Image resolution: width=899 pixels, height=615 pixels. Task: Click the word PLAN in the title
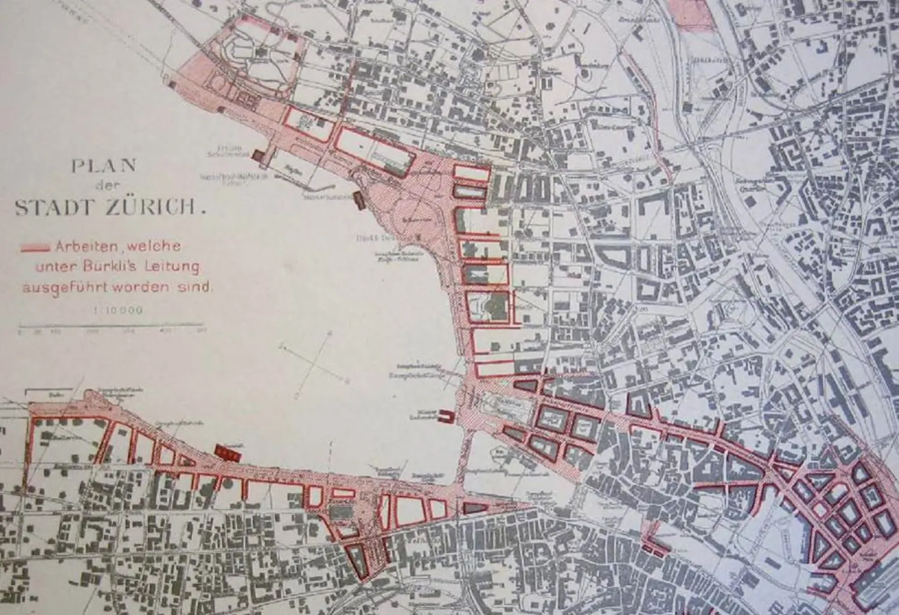[104, 166]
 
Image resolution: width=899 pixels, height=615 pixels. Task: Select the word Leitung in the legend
[172, 267]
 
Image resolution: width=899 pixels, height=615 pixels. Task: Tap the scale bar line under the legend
[111, 328]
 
